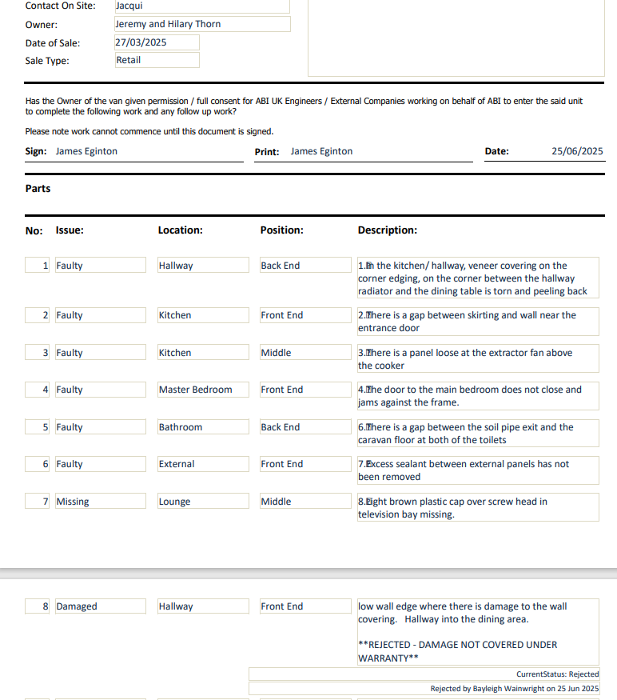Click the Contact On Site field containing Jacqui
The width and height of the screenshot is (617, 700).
coord(201,6)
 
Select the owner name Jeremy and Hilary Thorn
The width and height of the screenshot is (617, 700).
coord(201,24)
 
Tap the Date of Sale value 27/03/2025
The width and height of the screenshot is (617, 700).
coord(157,42)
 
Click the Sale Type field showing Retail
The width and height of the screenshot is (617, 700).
coord(157,60)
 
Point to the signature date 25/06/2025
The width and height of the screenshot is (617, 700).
coord(577,151)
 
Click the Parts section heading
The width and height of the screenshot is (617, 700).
coord(38,189)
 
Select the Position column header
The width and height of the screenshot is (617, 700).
coord(281,230)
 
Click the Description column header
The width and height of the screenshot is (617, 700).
coord(387,230)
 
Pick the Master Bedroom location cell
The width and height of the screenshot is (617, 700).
coord(203,390)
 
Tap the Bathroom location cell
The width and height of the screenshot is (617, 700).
coord(203,427)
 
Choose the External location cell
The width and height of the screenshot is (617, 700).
coord(203,464)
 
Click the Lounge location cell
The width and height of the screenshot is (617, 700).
coord(203,502)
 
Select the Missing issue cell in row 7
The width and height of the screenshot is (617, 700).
coord(100,502)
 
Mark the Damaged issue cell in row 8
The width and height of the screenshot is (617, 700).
coord(100,606)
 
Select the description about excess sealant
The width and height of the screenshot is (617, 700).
coord(477,470)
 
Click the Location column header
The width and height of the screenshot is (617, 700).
coord(180,230)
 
